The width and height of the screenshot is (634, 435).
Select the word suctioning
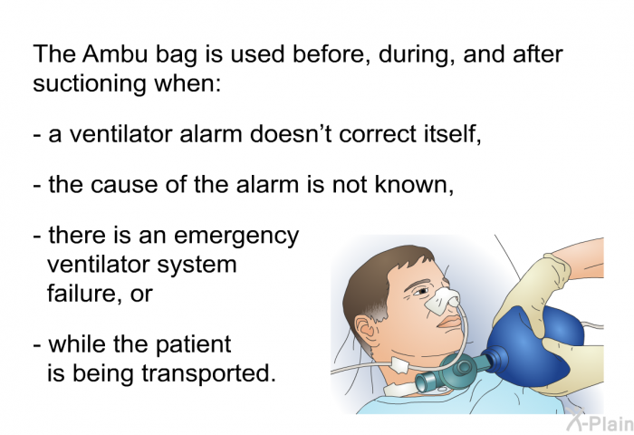89,83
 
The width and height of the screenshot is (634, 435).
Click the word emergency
237,237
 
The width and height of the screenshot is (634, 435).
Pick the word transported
208,373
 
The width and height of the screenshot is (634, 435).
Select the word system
197,266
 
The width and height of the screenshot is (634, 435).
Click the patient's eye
421,291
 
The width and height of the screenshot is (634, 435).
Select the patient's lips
451,323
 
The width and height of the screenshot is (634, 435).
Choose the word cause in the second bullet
124,186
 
